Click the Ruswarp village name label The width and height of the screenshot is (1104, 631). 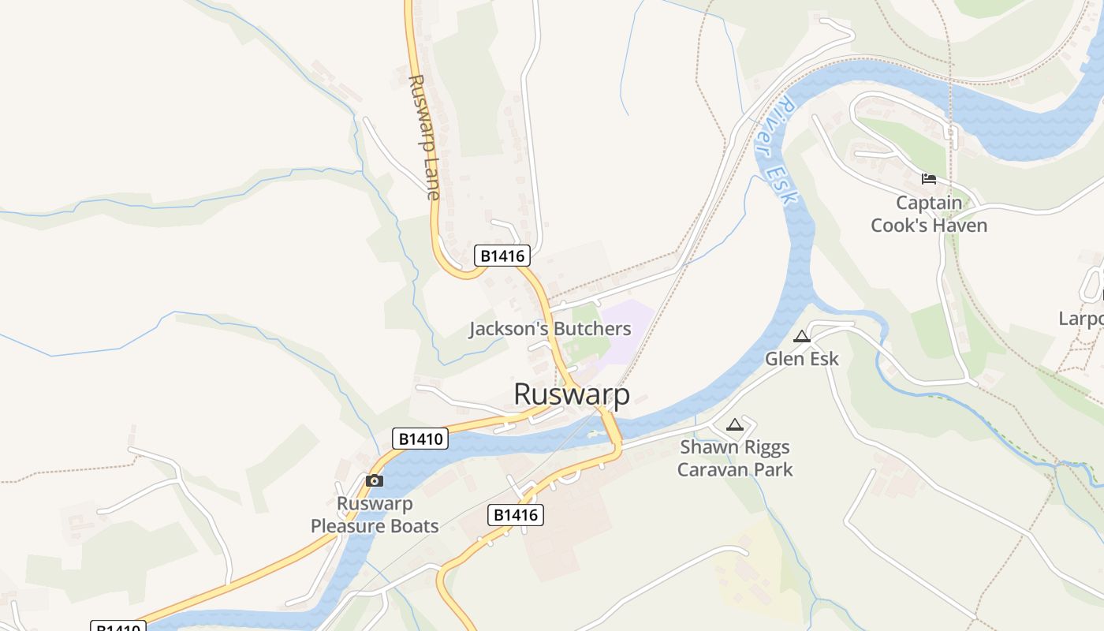[x=572, y=394]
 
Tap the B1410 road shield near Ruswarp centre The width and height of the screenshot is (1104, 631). [x=420, y=439]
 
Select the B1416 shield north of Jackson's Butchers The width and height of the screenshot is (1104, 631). [x=502, y=256]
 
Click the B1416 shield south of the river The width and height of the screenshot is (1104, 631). [x=516, y=515]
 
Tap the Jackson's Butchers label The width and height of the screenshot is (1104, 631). [x=550, y=329]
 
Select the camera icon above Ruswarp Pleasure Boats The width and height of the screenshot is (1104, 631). [x=375, y=480]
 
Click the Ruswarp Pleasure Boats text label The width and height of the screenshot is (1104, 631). [x=375, y=514]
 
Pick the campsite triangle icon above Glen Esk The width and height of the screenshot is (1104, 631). [x=802, y=337]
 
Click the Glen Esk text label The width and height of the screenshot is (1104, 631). [x=802, y=359]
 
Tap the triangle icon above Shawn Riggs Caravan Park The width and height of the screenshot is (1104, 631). [x=735, y=425]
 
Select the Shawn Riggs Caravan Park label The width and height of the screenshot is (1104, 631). [x=735, y=458]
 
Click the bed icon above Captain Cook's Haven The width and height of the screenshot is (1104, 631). [x=929, y=179]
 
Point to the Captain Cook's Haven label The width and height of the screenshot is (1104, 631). [x=929, y=214]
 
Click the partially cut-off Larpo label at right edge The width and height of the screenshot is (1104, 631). [x=1081, y=319]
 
